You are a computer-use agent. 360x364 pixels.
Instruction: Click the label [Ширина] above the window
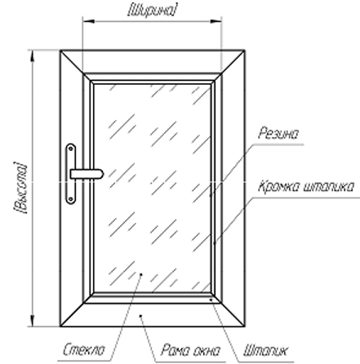[152, 11]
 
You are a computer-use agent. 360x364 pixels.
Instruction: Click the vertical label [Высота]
[20, 188]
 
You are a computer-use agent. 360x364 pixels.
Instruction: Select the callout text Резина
[278, 134]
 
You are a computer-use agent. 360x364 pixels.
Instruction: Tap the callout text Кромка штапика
[306, 187]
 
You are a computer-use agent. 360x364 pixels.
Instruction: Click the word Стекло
[84, 349]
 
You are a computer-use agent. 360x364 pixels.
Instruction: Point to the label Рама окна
[189, 350]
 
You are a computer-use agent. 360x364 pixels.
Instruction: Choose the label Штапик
[264, 351]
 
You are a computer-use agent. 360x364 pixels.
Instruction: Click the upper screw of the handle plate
[71, 149]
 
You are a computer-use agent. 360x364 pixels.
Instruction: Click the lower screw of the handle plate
[71, 199]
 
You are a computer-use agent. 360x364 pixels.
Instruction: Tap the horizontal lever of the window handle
[87, 174]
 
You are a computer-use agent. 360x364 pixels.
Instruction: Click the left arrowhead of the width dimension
[88, 21]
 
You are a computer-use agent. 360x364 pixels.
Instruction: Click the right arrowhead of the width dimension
[216, 21]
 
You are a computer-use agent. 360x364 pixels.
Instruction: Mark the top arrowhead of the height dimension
[33, 56]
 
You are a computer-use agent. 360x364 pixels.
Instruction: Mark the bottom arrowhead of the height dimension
[33, 320]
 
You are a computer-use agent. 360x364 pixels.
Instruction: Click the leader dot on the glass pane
[141, 274]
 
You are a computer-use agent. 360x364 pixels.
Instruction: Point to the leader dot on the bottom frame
[140, 316]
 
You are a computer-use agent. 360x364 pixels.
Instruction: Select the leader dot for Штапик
[211, 300]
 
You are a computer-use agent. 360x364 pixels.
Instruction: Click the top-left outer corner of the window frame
[60, 51]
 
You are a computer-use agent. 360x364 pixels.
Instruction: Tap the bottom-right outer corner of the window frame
[244, 326]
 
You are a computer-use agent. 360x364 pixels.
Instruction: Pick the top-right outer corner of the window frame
[244, 51]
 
